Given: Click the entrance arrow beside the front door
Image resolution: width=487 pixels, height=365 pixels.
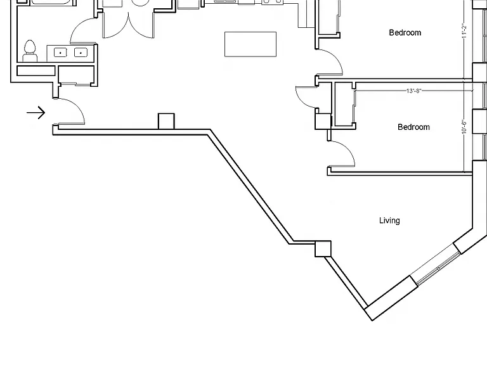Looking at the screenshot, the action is pyautogui.click(x=36, y=112).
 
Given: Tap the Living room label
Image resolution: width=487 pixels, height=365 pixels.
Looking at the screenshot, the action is pyautogui.click(x=389, y=221).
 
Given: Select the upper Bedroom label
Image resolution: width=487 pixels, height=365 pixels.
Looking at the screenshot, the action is pyautogui.click(x=405, y=32).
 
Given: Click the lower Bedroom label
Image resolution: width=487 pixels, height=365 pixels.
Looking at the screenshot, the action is pyautogui.click(x=413, y=127).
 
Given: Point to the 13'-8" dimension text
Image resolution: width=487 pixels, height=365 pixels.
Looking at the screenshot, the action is pyautogui.click(x=413, y=91).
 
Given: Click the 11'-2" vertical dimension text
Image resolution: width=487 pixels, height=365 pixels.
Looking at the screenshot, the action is pyautogui.click(x=464, y=30).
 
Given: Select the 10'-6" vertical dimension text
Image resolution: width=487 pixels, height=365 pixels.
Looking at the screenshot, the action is pyautogui.click(x=464, y=127).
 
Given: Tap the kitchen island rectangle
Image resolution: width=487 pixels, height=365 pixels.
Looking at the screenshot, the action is pyautogui.click(x=250, y=44).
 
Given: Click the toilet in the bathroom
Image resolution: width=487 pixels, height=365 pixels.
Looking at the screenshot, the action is pyautogui.click(x=30, y=51).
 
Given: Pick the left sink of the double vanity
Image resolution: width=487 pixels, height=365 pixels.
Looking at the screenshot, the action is pyautogui.click(x=60, y=53).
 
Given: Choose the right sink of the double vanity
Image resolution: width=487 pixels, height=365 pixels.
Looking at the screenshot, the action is pyautogui.click(x=81, y=53).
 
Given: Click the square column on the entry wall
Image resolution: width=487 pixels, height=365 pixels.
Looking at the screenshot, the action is pyautogui.click(x=166, y=121).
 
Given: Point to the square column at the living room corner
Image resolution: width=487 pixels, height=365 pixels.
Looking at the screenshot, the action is pyautogui.click(x=323, y=248).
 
